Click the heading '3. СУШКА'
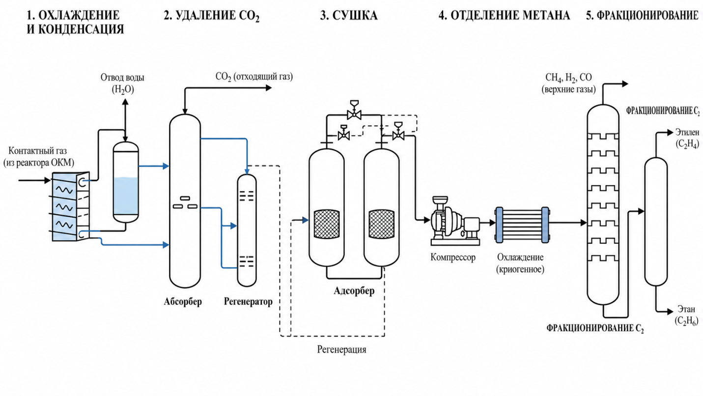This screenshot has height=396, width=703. click(349, 15)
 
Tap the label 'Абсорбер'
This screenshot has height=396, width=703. click(183, 302)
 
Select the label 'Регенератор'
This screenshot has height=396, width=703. click(248, 302)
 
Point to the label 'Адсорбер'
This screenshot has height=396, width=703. click(354, 291)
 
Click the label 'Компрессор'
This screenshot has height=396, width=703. click(453, 257)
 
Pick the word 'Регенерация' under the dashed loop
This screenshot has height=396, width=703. click(341, 349)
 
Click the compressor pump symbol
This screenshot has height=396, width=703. click(455, 221)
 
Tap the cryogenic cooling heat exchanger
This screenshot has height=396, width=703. click(522, 225)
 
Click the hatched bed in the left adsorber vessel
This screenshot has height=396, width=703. click(327, 224)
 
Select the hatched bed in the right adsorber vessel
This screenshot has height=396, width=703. click(382, 224)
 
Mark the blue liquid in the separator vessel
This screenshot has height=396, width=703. click(126, 196)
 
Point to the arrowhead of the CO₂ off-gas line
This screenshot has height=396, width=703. click(269, 88)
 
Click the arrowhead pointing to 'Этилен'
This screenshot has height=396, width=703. click(670, 133)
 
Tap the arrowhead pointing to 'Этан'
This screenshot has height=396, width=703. click(670, 311)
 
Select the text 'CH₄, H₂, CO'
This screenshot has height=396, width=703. click(568, 78)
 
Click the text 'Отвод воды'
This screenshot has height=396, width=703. click(122, 78)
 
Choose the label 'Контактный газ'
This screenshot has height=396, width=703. click(38, 151)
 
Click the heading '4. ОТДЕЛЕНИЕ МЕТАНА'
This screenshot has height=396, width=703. click(504, 15)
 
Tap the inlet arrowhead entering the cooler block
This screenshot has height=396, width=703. click(47, 180)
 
